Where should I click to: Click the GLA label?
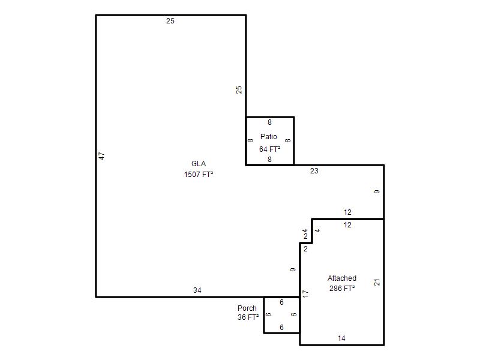199,164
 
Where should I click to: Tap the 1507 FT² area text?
199,175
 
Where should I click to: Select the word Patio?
268,137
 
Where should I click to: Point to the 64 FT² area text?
269,149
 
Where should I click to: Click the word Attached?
342,278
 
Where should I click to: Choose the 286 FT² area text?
342,289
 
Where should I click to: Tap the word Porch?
247,308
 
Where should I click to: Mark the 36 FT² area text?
248,317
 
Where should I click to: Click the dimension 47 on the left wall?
102,156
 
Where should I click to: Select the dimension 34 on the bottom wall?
197,290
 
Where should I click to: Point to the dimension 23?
314,171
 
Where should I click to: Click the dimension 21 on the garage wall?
377,282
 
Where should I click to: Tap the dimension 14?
341,338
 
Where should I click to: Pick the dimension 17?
305,293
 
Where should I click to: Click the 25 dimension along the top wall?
170,21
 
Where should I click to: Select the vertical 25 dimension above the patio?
239,89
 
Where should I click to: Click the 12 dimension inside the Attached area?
347,225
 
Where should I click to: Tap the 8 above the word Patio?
269,122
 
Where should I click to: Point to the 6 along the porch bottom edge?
281,328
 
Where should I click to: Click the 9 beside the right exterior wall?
377,191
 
